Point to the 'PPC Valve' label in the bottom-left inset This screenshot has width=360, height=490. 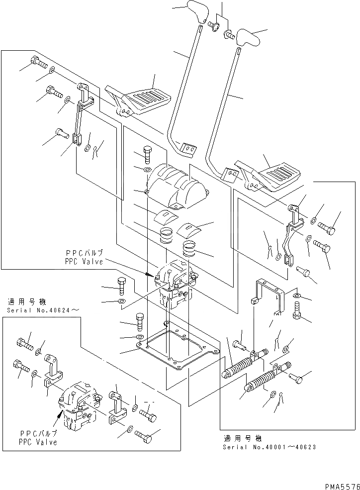(38, 442)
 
